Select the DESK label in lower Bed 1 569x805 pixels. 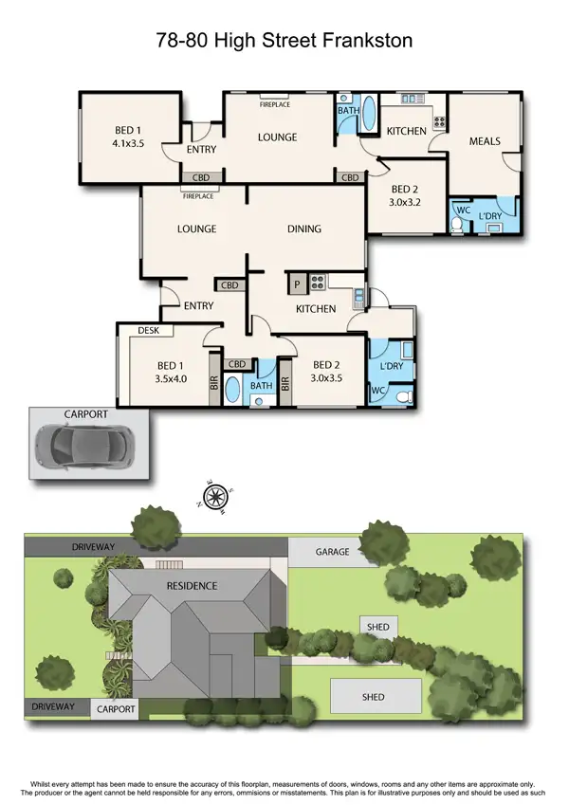coord(148,331)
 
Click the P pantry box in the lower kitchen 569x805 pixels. coord(296,282)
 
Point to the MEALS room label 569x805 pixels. coord(485,141)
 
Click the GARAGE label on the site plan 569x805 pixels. coord(333,552)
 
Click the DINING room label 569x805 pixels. coord(304,229)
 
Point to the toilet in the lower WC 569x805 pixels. coord(402,395)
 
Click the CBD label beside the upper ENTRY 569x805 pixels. coord(201,177)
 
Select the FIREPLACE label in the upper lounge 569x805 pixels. coord(275,104)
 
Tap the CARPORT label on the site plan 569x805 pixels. coord(116,709)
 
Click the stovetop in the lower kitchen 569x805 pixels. coord(317,281)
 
